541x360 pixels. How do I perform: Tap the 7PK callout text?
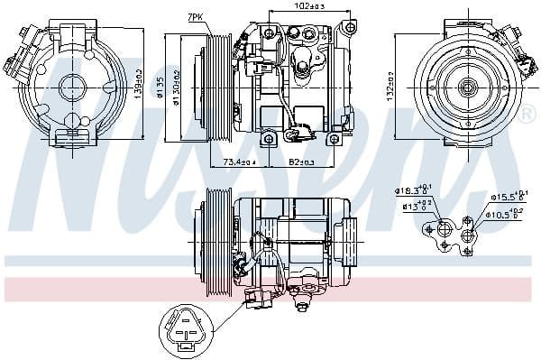tap(196, 17)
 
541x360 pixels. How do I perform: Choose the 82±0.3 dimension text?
tap(301, 162)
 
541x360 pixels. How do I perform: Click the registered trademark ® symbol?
tap(525, 115)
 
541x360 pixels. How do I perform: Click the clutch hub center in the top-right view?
tap(467, 88)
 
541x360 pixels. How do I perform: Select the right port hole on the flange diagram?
tap(468, 236)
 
